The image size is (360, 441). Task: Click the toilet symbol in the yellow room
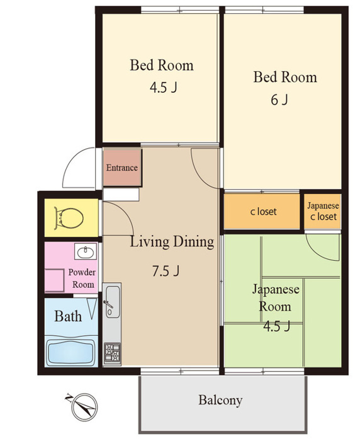tap(69, 217)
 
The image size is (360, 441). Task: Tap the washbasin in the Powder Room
tap(86, 252)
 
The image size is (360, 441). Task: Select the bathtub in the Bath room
tap(70, 353)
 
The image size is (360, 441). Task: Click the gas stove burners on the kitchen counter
tap(112, 352)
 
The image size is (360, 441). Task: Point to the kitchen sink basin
tap(113, 302)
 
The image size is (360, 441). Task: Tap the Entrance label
tap(121, 168)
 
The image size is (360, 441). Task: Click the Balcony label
tap(220, 400)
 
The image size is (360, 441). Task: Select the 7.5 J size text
tap(166, 271)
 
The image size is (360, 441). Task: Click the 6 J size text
tap(279, 100)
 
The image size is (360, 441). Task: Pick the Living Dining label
tap(172, 242)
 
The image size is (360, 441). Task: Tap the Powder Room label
tap(82, 278)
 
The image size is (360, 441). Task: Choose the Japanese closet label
tap(323, 211)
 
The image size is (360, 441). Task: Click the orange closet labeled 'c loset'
tap(262, 211)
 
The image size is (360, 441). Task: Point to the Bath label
tap(68, 316)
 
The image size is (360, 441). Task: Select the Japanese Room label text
tap(276, 298)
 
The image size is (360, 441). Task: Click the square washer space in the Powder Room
tap(54, 280)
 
